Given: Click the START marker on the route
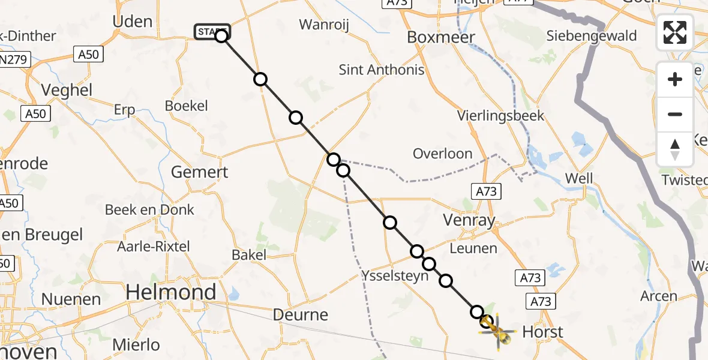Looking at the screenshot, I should pyautogui.click(x=212, y=31).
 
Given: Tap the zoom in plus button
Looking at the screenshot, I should pyautogui.click(x=675, y=79).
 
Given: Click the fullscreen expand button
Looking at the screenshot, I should pyautogui.click(x=675, y=32).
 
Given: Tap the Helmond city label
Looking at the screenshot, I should pyautogui.click(x=171, y=292).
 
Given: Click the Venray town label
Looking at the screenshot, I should pyautogui.click(x=469, y=220).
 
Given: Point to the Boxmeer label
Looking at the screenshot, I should pyautogui.click(x=441, y=37).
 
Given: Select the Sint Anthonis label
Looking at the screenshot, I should pyautogui.click(x=382, y=70).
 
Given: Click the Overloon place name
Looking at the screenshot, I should pyautogui.click(x=442, y=154).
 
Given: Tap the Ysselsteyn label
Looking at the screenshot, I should pyautogui.click(x=395, y=276).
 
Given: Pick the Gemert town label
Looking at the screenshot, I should pyautogui.click(x=199, y=172).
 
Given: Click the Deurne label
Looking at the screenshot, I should pyautogui.click(x=300, y=314).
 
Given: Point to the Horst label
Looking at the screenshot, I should pyautogui.click(x=542, y=332).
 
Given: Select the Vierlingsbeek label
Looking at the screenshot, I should pyautogui.click(x=500, y=115).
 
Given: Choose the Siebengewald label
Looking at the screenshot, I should pyautogui.click(x=591, y=36).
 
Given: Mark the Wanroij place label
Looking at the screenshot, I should pyautogui.click(x=324, y=25).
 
